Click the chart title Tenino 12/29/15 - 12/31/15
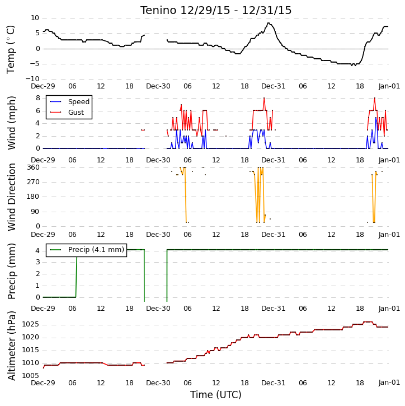[x=216, y=10]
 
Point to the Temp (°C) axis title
[x=11, y=49]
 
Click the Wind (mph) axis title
[x=11, y=123]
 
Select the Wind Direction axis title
[x=11, y=197]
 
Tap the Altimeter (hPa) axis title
[x=11, y=346]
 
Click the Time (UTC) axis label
[x=216, y=395]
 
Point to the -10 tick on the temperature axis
[x=32, y=79]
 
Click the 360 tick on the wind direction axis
[x=34, y=167]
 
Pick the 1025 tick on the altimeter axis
[x=31, y=324]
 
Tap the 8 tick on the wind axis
[x=37, y=98]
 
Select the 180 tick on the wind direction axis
[x=34, y=197]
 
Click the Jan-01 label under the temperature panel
[x=389, y=86]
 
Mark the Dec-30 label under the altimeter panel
[x=158, y=382]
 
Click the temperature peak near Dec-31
[x=269, y=23]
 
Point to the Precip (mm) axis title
[x=11, y=272]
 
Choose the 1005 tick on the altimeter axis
[x=31, y=375]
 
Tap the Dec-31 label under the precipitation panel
[x=274, y=309]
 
